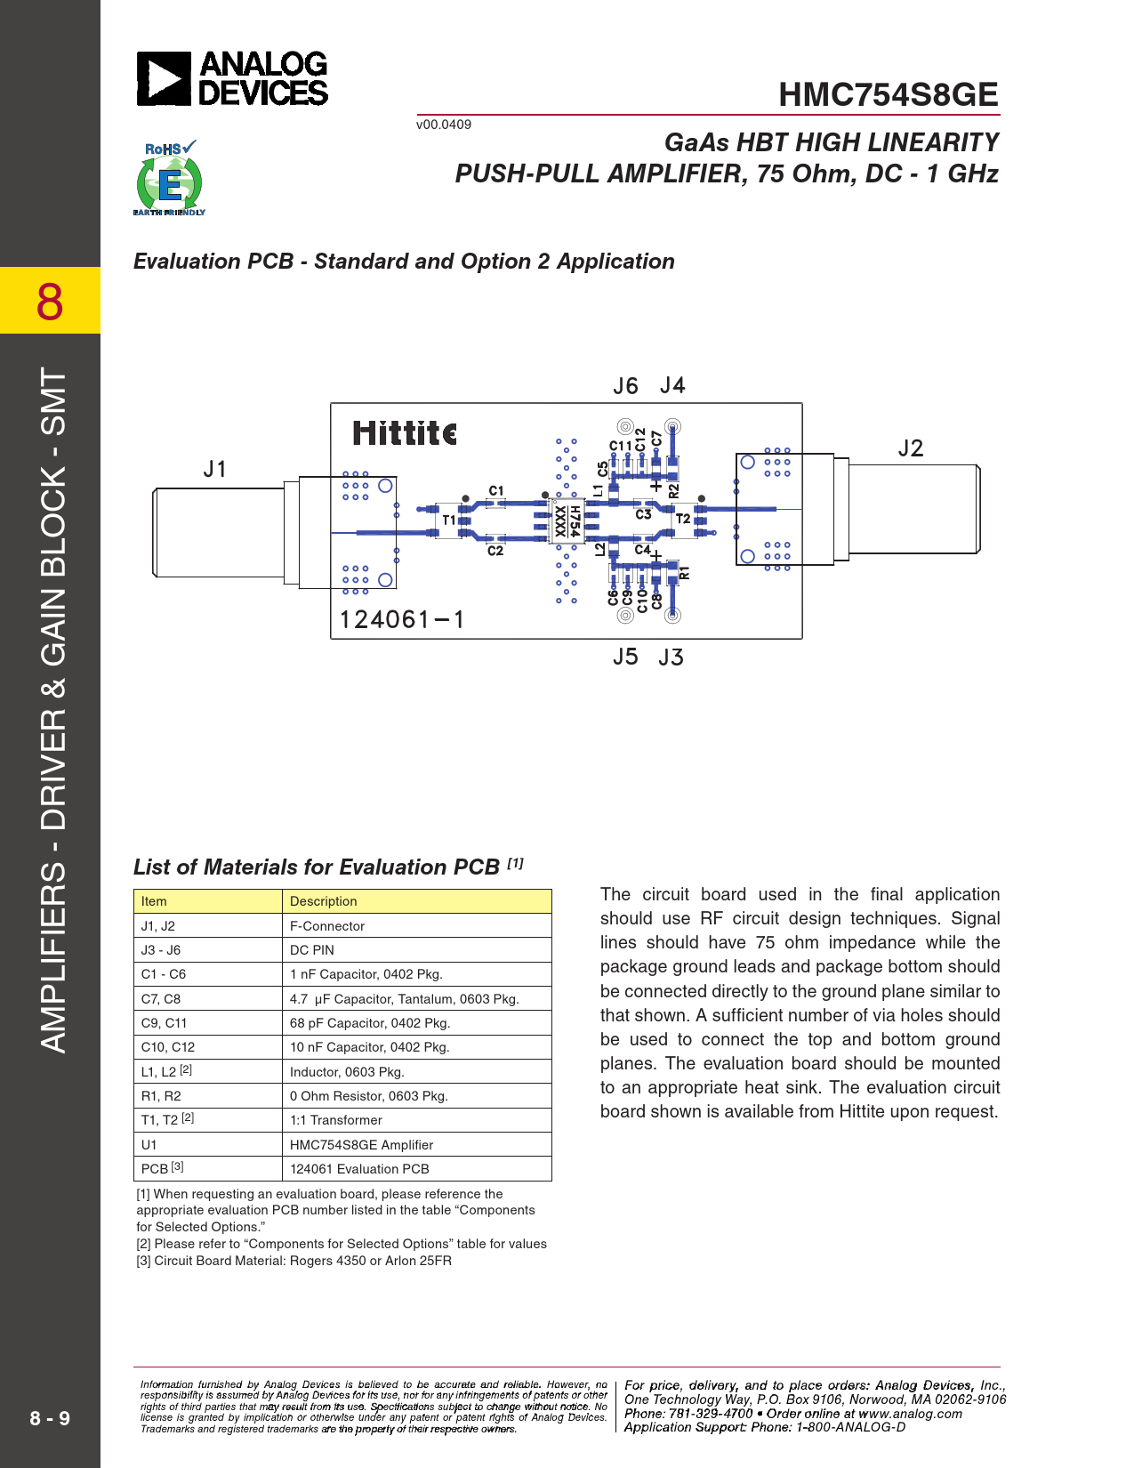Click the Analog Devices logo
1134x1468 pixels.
click(x=232, y=79)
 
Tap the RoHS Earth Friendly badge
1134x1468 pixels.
click(x=169, y=179)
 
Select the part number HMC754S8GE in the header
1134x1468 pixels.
click(x=888, y=95)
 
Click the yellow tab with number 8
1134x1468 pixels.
click(x=50, y=301)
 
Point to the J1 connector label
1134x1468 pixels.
click(x=215, y=469)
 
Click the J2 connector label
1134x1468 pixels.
click(x=910, y=448)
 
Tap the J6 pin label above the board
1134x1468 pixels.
click(x=625, y=386)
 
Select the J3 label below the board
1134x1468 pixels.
click(x=671, y=657)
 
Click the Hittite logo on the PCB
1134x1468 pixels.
click(x=405, y=433)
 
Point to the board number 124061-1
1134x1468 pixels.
click(x=402, y=619)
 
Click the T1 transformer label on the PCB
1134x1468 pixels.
click(x=449, y=520)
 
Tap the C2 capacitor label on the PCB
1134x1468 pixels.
click(x=495, y=552)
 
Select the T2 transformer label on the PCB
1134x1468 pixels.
click(x=683, y=519)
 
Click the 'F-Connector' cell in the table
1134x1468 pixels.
click(x=327, y=926)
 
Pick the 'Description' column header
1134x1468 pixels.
click(x=324, y=901)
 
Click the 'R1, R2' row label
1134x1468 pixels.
click(x=161, y=1096)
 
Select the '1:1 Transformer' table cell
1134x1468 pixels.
click(x=336, y=1120)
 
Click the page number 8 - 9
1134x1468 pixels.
click(x=50, y=1418)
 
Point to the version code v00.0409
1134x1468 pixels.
click(x=444, y=125)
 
